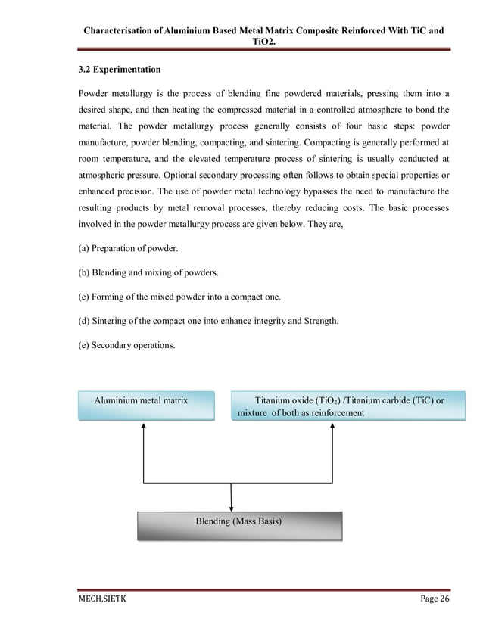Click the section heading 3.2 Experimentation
click(119, 70)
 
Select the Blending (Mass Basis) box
click(239, 525)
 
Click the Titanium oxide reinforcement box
click(347, 406)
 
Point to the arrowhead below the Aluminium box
click(143, 426)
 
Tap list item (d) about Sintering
click(208, 321)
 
